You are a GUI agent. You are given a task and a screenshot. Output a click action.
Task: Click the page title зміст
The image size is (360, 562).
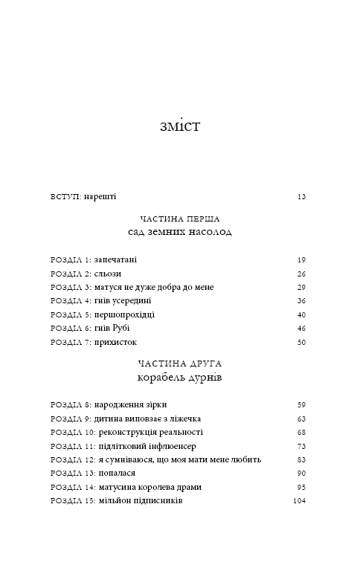(x=179, y=126)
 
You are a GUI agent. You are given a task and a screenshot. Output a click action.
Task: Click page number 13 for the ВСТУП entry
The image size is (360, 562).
(x=301, y=197)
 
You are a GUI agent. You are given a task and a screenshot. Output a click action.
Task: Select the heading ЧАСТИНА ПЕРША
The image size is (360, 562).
(x=180, y=219)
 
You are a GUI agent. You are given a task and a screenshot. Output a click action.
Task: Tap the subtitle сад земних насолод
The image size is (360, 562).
(x=180, y=232)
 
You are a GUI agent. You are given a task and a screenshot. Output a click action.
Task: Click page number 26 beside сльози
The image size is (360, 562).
(x=301, y=274)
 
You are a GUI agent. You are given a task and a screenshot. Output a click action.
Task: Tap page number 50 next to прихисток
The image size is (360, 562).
(x=301, y=342)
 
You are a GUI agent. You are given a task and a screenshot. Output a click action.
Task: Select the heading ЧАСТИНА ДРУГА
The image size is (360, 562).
(x=180, y=364)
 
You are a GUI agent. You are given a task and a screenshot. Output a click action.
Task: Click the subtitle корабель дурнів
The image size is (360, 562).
(x=180, y=378)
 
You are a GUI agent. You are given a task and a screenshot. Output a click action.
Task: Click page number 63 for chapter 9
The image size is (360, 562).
(x=301, y=419)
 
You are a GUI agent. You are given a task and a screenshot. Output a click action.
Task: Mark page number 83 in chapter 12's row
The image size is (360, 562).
(x=301, y=459)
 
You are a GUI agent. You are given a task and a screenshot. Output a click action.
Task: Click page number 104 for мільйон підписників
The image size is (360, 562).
(x=299, y=501)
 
